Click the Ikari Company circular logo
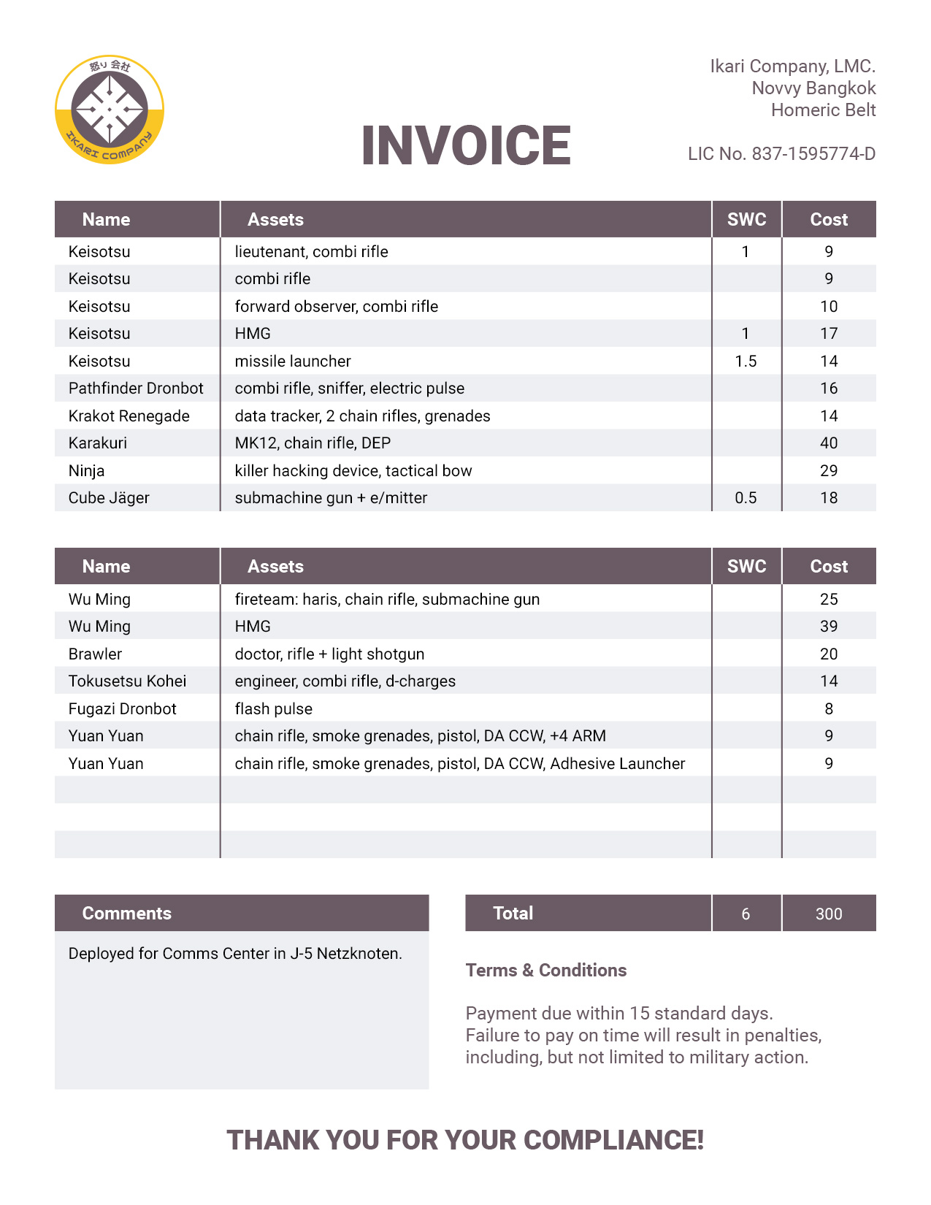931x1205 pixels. click(x=110, y=110)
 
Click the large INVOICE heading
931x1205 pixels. click(x=466, y=145)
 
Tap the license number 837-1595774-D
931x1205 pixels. click(x=813, y=154)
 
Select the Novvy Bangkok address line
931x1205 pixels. click(x=813, y=88)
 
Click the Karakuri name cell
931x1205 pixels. click(x=98, y=443)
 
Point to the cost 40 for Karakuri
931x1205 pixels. click(x=829, y=443)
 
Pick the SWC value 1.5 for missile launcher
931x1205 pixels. click(x=746, y=361)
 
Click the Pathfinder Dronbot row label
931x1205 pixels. click(x=136, y=389)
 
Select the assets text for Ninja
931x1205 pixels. click(x=353, y=471)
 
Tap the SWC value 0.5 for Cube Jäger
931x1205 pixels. click(x=746, y=498)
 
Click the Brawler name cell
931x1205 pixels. click(x=95, y=654)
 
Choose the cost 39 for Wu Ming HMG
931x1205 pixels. click(x=829, y=627)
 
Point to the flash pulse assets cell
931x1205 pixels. click(x=274, y=709)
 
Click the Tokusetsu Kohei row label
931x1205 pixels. click(x=127, y=681)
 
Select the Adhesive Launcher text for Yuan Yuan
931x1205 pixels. click(x=617, y=764)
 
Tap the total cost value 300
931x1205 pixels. click(x=829, y=914)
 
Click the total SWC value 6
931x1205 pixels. click(x=746, y=914)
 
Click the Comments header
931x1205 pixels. click(x=127, y=914)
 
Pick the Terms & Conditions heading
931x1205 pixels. click(x=546, y=971)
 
